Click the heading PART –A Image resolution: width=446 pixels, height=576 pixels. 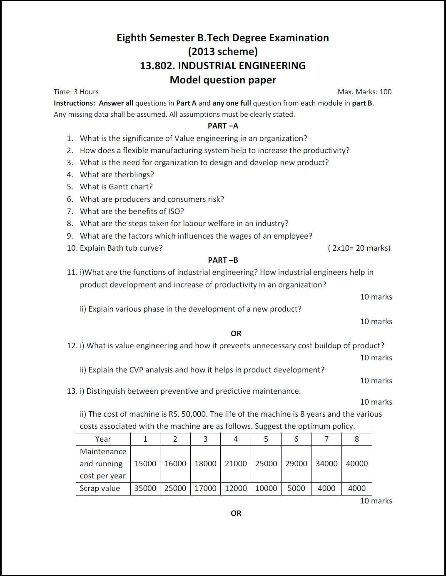(x=223, y=126)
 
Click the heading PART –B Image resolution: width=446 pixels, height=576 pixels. (x=223, y=260)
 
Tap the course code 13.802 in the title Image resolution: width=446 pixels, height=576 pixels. (x=157, y=66)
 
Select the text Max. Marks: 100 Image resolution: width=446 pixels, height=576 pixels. (x=364, y=92)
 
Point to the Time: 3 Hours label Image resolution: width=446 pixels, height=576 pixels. (x=76, y=92)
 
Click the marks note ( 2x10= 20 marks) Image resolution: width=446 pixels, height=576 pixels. (x=359, y=248)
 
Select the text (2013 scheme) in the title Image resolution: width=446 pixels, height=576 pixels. (x=223, y=52)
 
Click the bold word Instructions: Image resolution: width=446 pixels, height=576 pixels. (x=75, y=103)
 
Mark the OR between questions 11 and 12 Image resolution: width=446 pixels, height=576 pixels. (x=236, y=334)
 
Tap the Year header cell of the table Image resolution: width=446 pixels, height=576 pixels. (x=103, y=439)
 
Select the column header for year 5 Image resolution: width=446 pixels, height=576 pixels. (x=266, y=439)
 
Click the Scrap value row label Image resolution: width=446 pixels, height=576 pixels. (x=100, y=488)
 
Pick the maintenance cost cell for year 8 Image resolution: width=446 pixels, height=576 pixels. (x=356, y=464)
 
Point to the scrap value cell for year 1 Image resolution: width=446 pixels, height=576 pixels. (x=145, y=488)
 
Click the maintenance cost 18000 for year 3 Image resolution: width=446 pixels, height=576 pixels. (x=205, y=464)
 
